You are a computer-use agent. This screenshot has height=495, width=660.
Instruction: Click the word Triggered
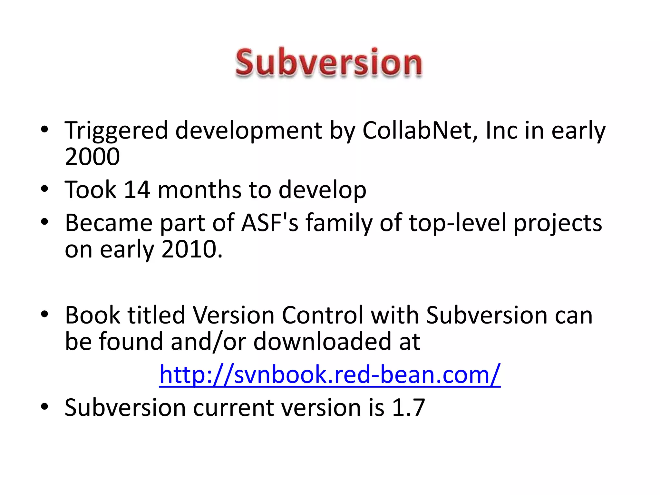point(116,131)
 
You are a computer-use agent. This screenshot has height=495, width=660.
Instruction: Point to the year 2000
point(92,157)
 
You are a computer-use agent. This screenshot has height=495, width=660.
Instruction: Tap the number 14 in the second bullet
point(137,190)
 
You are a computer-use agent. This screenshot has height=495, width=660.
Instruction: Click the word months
point(199,190)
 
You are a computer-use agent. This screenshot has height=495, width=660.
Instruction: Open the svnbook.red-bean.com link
point(330,374)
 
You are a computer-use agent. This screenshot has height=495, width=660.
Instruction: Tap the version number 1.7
point(408,408)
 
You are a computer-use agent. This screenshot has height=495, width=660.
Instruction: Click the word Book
point(92,315)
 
